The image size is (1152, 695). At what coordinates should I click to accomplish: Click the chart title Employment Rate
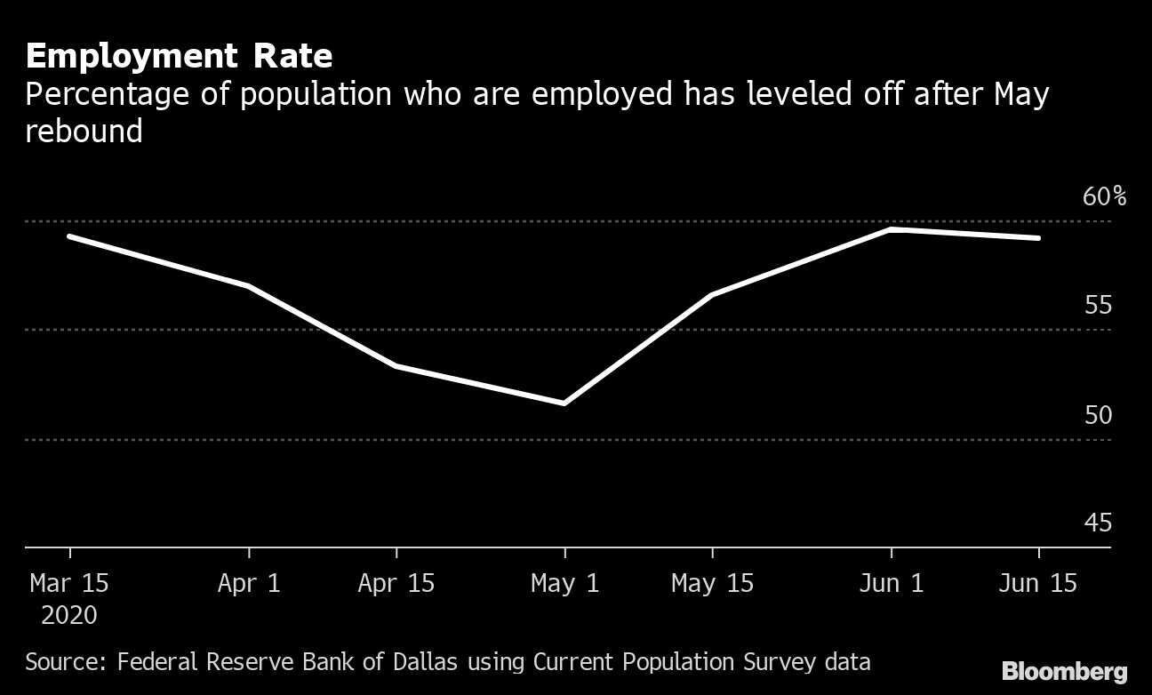pyautogui.click(x=179, y=56)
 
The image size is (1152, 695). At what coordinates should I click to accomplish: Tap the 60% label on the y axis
pyautogui.click(x=1104, y=196)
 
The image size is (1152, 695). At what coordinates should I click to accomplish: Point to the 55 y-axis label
pyautogui.click(x=1098, y=306)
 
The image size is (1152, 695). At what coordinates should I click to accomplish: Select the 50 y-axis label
pyautogui.click(x=1098, y=415)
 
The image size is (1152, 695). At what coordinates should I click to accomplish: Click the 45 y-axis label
pyautogui.click(x=1098, y=523)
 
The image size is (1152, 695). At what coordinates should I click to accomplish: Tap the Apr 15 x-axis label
pyautogui.click(x=396, y=583)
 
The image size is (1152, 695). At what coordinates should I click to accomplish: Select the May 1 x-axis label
pyautogui.click(x=564, y=583)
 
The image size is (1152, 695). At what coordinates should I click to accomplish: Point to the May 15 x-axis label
pyautogui.click(x=712, y=583)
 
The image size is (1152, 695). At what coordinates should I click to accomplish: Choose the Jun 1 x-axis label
pyautogui.click(x=892, y=583)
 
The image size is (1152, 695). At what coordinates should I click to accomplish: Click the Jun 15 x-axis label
pyautogui.click(x=1038, y=583)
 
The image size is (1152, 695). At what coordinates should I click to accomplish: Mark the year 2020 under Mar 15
pyautogui.click(x=68, y=615)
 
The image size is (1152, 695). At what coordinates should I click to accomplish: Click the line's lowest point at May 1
pyautogui.click(x=564, y=403)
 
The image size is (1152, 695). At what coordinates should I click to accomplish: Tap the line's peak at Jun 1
pyautogui.click(x=891, y=229)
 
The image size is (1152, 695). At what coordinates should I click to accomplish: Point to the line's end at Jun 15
pyautogui.click(x=1038, y=238)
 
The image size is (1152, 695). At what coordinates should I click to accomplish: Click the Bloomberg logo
pyautogui.click(x=1064, y=671)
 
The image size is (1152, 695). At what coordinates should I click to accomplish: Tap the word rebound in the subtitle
pyautogui.click(x=84, y=132)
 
